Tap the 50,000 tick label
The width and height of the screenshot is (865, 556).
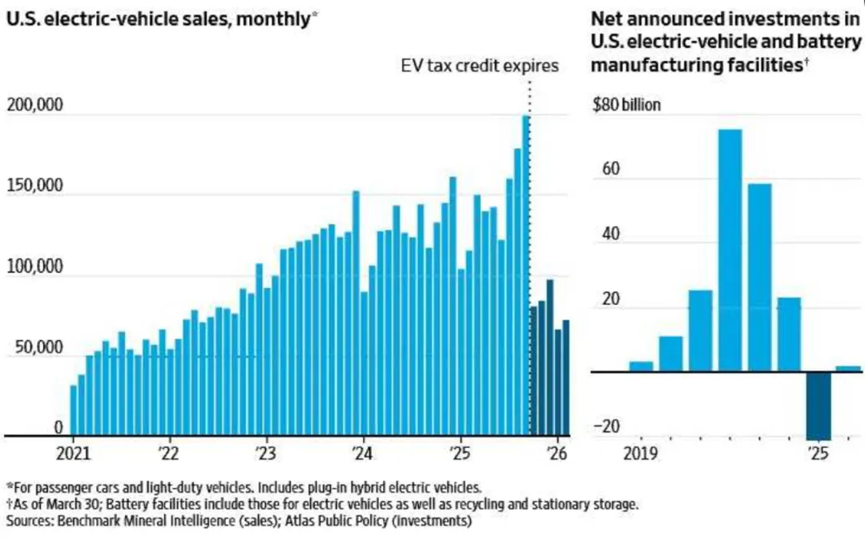click(x=37, y=348)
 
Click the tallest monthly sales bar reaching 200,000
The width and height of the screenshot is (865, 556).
click(x=526, y=272)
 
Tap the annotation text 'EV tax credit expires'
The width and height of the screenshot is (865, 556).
click(x=479, y=66)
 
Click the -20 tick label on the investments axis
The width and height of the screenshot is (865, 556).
click(x=610, y=426)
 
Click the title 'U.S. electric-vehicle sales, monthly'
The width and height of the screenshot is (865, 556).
click(x=156, y=18)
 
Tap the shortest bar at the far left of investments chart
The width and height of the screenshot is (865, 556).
click(x=641, y=366)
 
